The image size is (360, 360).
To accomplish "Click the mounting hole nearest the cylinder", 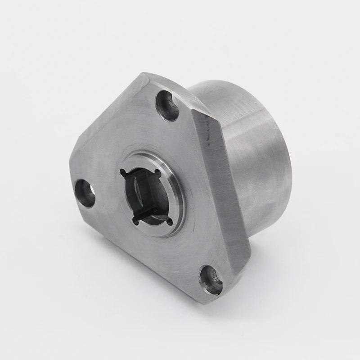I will tap(167, 105).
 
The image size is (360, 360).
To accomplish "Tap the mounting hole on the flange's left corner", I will tap(85, 193).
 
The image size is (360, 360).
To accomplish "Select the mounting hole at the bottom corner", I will tap(211, 279).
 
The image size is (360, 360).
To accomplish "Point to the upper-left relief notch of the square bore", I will tap(123, 172).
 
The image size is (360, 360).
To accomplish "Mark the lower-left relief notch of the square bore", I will tap(135, 220).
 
